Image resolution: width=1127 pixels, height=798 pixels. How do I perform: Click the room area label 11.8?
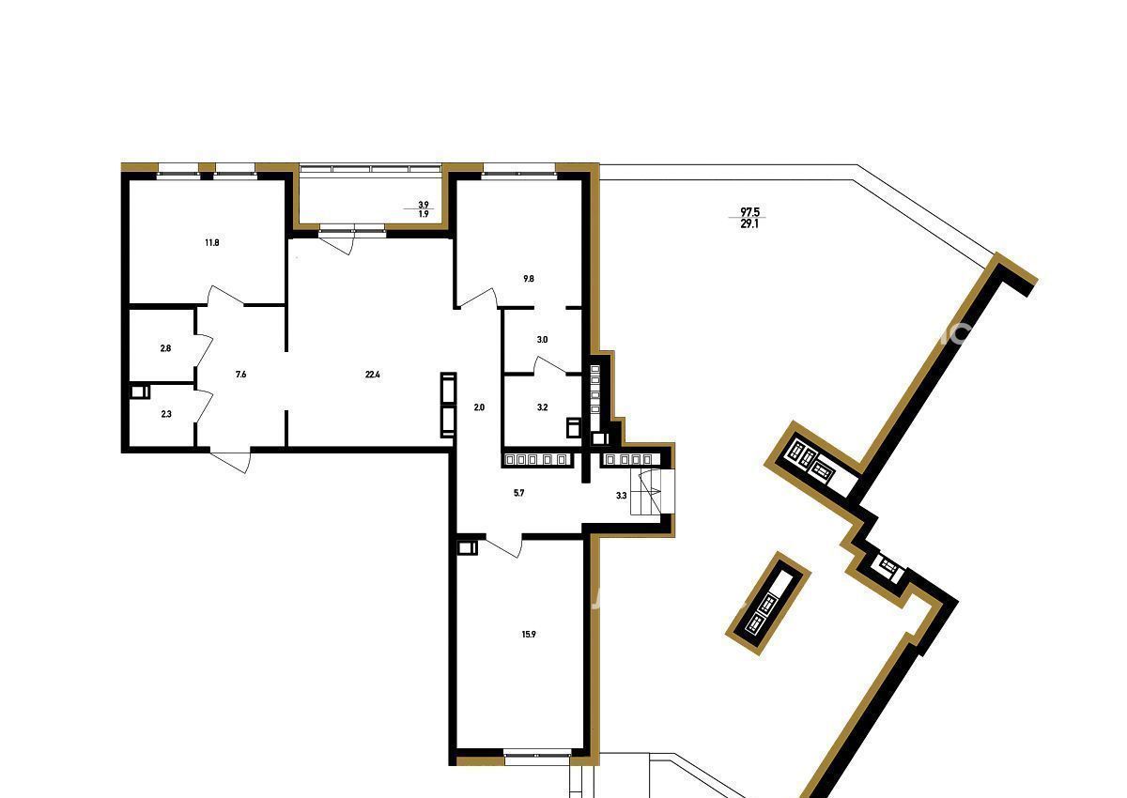[x=212, y=243]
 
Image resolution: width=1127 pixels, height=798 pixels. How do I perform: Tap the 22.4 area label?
[x=372, y=374]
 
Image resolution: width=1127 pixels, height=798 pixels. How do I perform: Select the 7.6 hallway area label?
[x=241, y=374]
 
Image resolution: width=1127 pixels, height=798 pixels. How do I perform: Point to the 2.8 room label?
[x=165, y=348]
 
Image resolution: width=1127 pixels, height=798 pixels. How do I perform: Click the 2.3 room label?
[x=166, y=414]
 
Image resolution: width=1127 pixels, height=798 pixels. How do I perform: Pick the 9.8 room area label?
[x=528, y=279]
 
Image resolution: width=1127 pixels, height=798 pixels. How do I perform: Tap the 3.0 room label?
[x=542, y=340]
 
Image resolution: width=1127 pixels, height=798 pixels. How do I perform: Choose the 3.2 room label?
[x=542, y=407]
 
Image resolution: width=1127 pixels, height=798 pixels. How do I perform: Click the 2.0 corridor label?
[x=479, y=407]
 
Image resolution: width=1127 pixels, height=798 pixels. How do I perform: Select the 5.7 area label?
[x=518, y=493]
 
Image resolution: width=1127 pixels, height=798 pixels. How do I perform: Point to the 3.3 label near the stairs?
[x=622, y=496]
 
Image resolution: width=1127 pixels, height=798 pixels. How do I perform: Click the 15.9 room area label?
[x=529, y=635]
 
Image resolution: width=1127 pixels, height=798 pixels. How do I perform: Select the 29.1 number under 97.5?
[x=749, y=224]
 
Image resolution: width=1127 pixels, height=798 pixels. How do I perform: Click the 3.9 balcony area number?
[x=424, y=205]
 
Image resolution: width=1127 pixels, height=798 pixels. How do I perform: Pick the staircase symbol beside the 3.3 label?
[x=652, y=492]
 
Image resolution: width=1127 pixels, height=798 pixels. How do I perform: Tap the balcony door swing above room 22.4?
[x=338, y=244]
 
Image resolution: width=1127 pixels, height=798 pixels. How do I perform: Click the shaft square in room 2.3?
[x=140, y=391]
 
